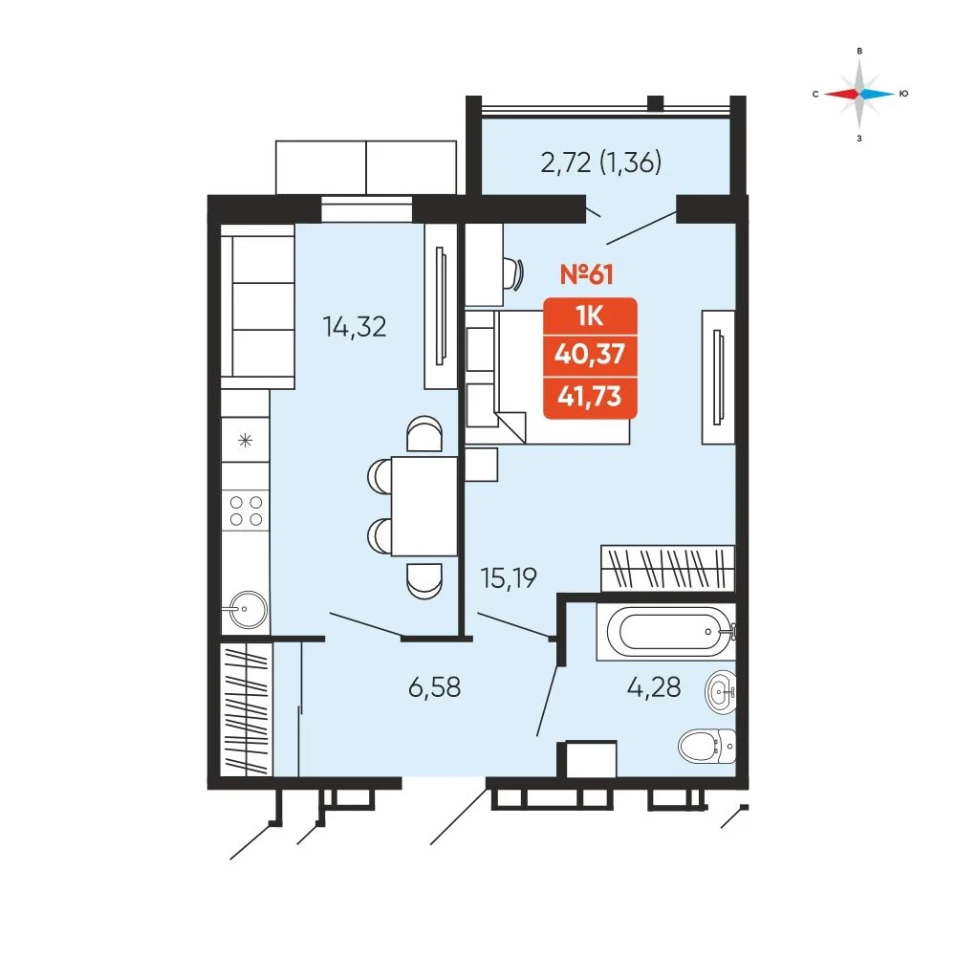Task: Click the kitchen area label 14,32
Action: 355,327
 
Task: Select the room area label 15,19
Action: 509,578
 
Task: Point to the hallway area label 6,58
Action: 434,687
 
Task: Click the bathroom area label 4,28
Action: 654,687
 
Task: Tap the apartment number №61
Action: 587,274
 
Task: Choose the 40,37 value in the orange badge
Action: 590,353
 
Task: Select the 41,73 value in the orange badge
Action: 590,397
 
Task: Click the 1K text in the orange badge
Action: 590,316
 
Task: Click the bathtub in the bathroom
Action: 666,632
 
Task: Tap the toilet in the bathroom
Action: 707,745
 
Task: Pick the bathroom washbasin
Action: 720,692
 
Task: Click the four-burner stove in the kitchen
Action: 245,511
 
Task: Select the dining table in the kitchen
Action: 424,506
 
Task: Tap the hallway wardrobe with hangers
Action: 247,709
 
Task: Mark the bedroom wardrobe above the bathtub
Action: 667,568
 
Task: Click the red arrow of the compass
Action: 840,94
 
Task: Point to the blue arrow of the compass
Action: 878,94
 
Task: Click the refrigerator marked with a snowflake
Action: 245,440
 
